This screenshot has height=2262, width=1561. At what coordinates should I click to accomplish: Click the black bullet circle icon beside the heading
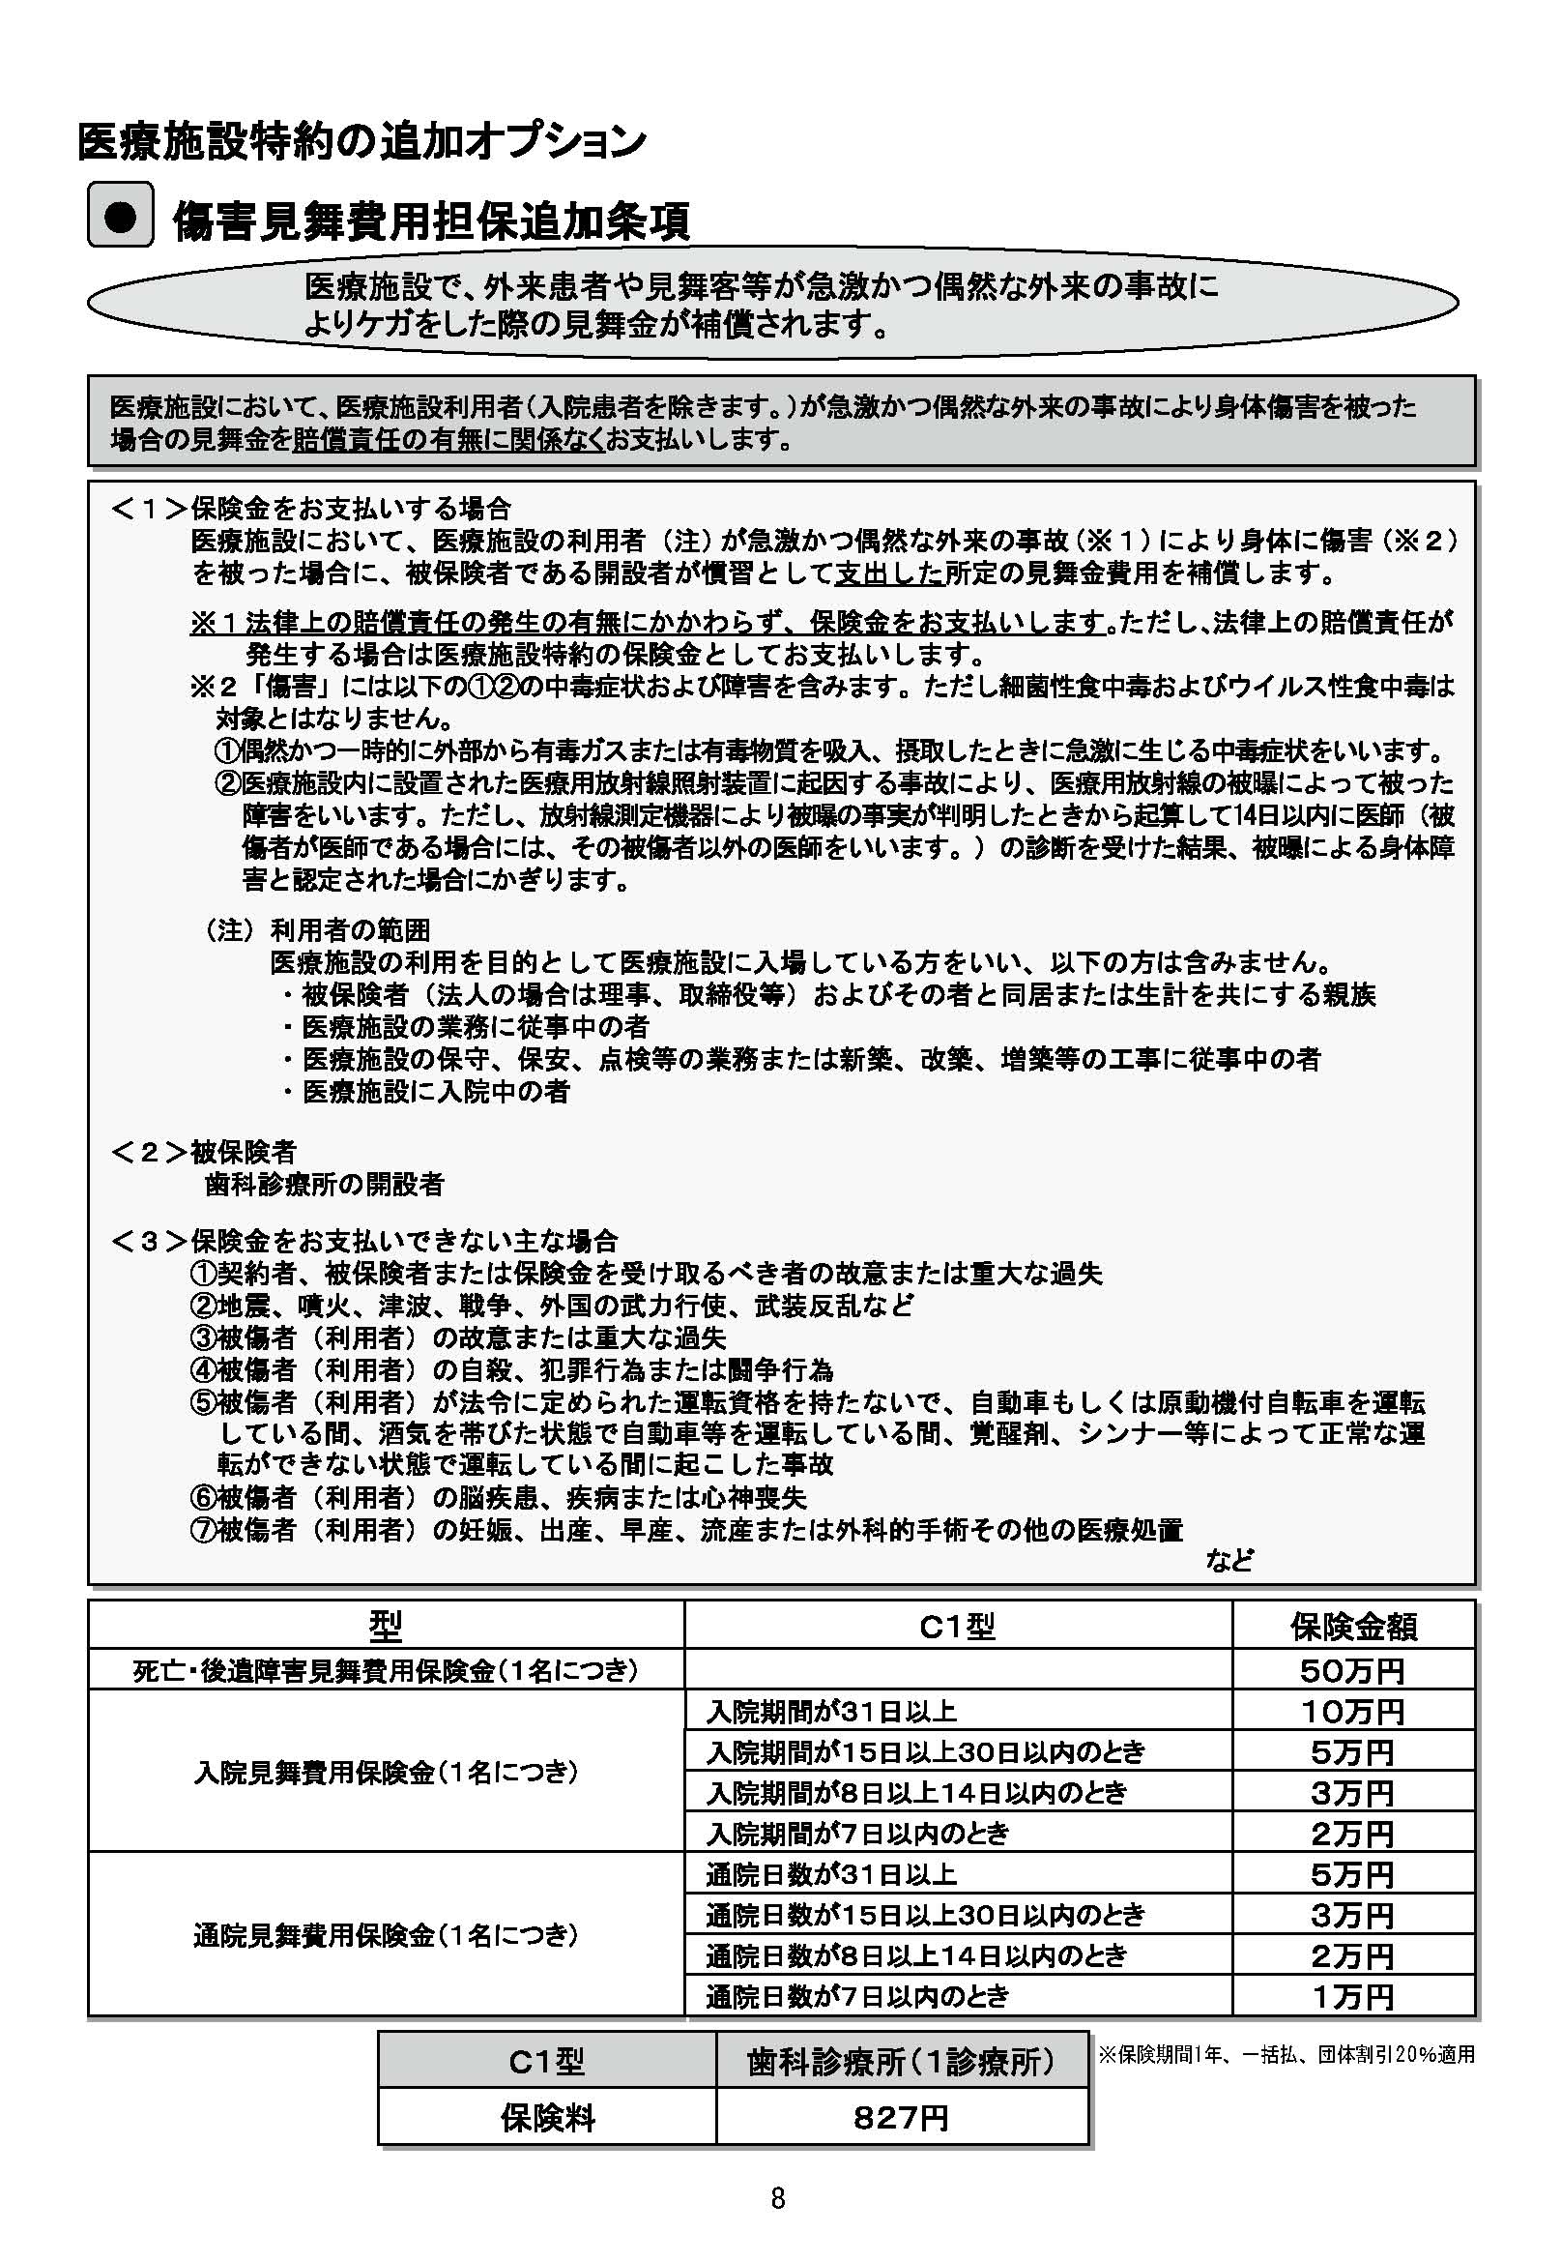tap(120, 217)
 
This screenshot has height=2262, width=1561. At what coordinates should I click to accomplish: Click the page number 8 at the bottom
tap(777, 2198)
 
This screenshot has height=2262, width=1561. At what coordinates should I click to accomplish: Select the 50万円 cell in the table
tap(1351, 1670)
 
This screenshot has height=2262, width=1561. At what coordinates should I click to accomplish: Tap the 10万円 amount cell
tap(1351, 1711)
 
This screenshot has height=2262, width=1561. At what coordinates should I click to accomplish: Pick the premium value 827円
tap(901, 2118)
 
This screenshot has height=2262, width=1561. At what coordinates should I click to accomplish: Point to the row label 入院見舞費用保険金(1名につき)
tap(386, 1772)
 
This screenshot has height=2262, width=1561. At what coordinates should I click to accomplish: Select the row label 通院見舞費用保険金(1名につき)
tap(386, 1934)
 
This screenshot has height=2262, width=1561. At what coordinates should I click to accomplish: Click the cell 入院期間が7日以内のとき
tap(856, 1833)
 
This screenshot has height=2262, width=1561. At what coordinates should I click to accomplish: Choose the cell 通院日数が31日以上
tap(830, 1873)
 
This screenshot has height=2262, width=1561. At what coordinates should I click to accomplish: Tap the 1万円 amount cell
tap(1351, 1996)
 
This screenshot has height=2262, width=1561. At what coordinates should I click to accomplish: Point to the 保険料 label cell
tap(547, 2118)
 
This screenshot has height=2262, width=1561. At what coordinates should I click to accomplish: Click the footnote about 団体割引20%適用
tap(1286, 2055)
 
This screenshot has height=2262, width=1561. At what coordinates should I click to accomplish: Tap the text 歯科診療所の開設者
tap(324, 1185)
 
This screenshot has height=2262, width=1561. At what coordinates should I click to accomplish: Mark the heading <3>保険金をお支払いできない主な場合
tap(363, 1242)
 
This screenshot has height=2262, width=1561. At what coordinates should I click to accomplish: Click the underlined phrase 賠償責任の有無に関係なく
tap(448, 439)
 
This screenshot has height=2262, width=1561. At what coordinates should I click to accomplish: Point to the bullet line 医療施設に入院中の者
tap(435, 1091)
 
